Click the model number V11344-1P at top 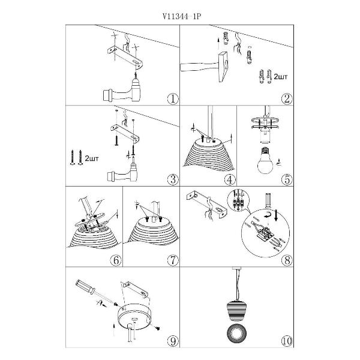tap(182, 17)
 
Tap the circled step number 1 tap(173, 99)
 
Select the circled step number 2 tap(287, 99)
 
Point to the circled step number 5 tap(287, 179)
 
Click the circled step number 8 tap(287, 260)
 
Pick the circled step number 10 tap(287, 341)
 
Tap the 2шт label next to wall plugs tap(281, 77)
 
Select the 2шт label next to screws tap(92, 158)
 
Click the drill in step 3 tap(123, 170)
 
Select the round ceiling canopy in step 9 tap(134, 317)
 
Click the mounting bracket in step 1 tap(125, 57)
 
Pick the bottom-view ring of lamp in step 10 tap(236, 334)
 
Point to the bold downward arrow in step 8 tap(276, 215)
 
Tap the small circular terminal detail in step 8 tap(238, 200)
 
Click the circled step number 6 tap(116, 260)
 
